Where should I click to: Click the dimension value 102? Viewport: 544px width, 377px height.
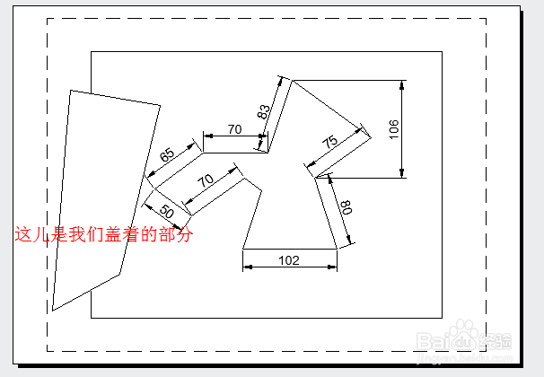click(289, 260)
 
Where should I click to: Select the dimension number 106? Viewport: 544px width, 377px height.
click(394, 128)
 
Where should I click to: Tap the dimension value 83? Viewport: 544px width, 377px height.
click(264, 112)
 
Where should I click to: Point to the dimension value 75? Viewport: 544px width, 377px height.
click(329, 141)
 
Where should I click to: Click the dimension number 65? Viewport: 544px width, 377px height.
click(168, 154)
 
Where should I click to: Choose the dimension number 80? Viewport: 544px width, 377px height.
click(347, 206)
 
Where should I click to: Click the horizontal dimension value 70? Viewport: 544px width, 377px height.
click(234, 129)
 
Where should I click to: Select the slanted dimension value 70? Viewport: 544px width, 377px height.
click(206, 180)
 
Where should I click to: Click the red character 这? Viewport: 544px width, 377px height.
click(22, 235)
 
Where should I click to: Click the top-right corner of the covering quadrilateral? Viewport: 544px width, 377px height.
click(160, 106)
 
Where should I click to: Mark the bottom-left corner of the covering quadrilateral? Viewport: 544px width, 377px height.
click(53, 311)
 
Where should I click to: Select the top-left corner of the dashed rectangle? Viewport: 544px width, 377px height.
click(47, 18)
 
